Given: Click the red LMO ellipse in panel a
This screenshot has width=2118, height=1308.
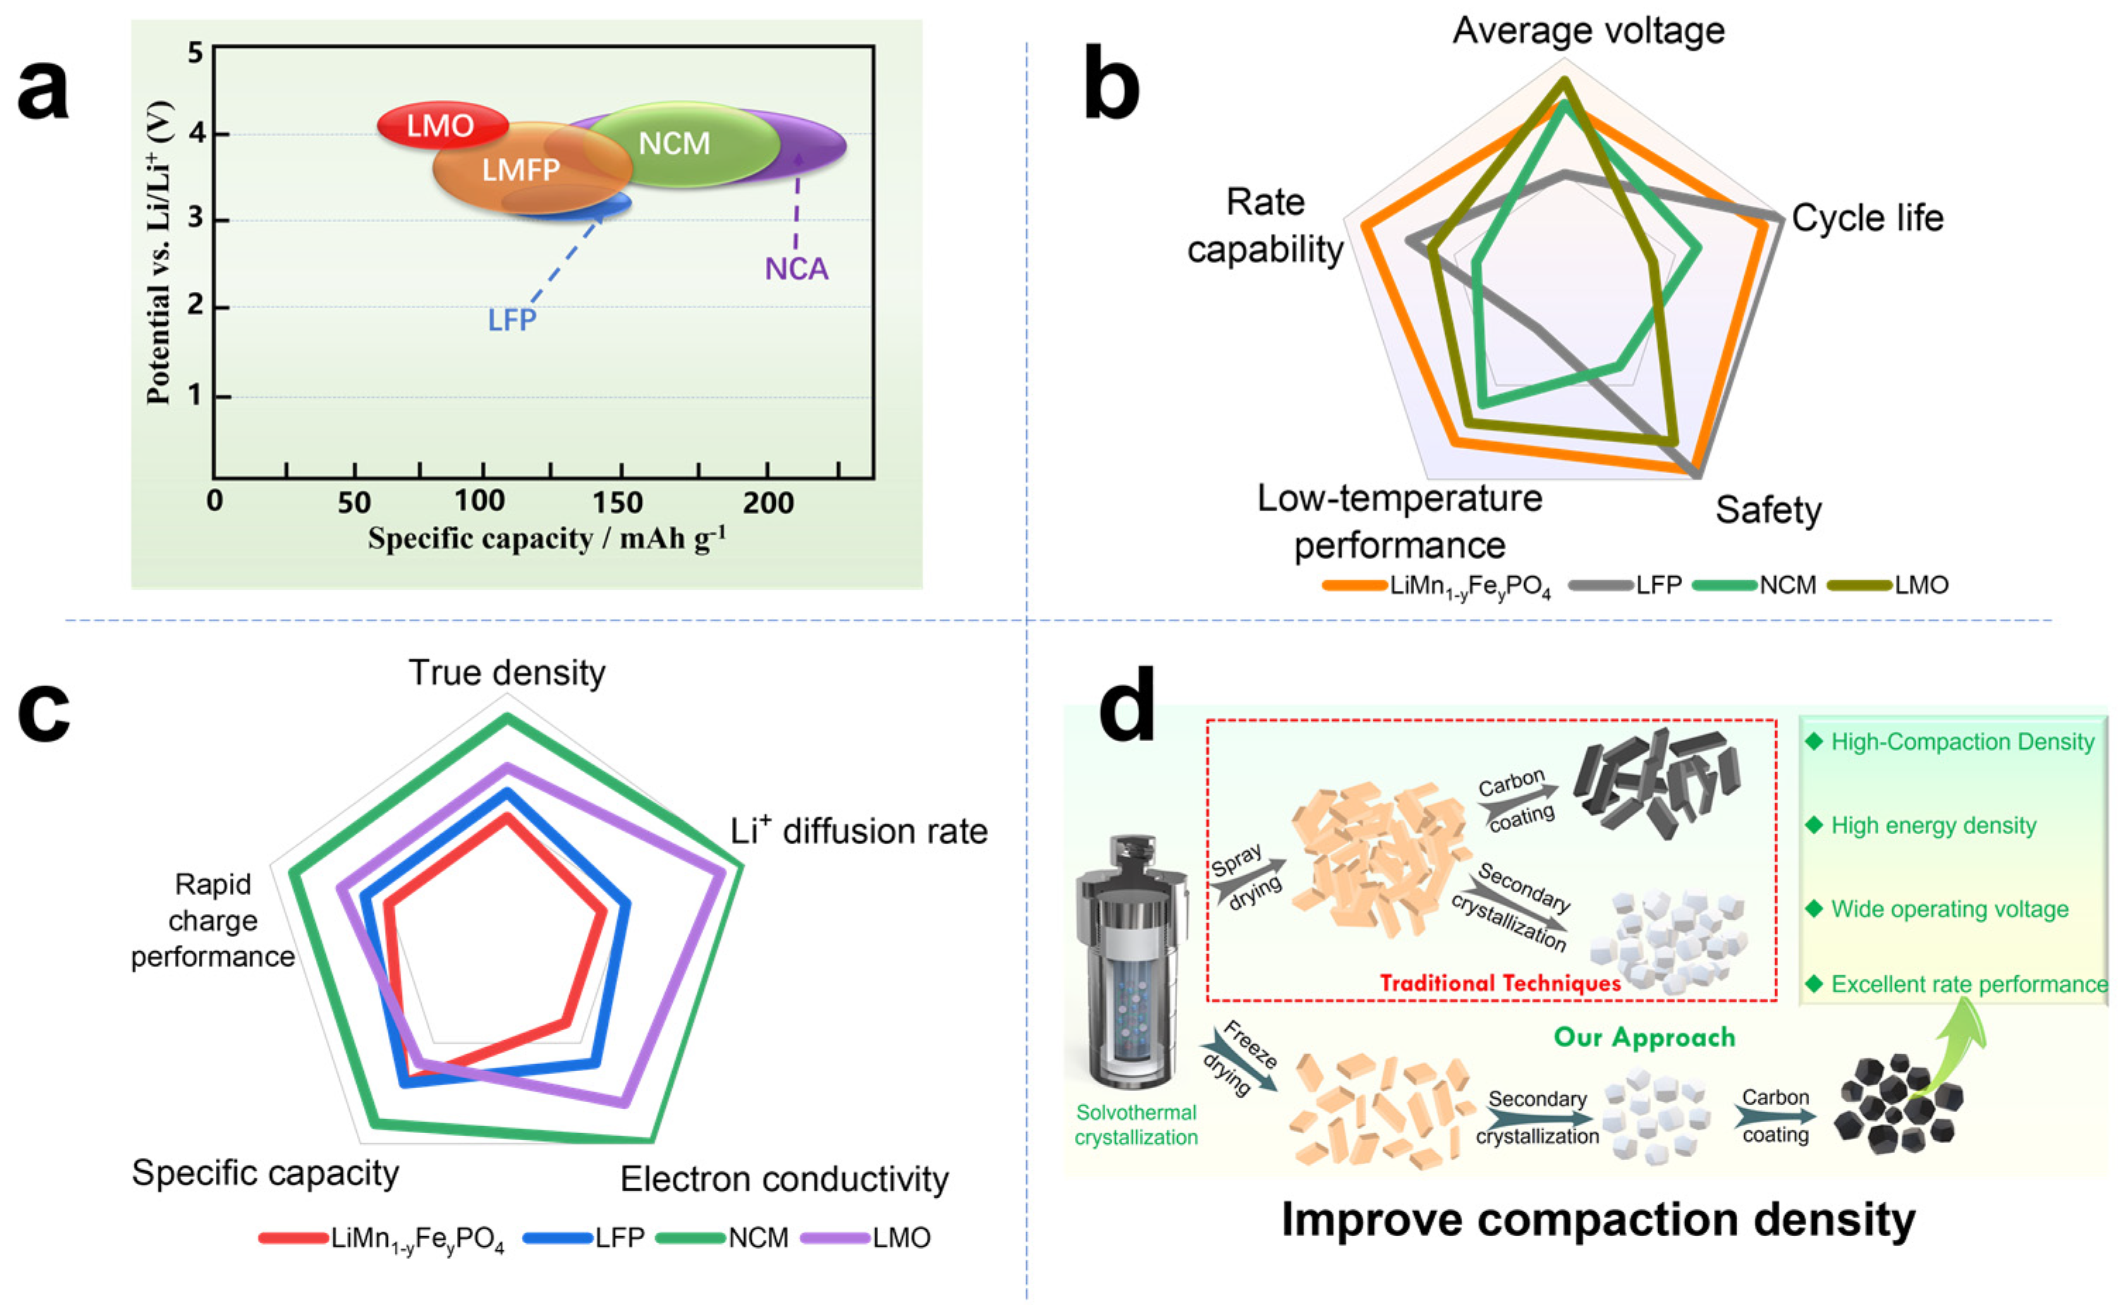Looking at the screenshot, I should coord(439,126).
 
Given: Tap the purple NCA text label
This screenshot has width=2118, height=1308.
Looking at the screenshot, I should coord(796,269).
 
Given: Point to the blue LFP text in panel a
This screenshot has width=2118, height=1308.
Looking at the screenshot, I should coord(511,321).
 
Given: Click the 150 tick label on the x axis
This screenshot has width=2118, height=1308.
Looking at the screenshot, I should coord(617,503).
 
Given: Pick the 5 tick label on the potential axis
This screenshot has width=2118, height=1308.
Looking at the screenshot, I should coord(195,54).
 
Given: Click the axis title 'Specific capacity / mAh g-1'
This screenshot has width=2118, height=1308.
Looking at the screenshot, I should coord(547,538).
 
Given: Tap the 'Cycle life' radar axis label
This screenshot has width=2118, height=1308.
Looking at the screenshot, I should coord(1867,218).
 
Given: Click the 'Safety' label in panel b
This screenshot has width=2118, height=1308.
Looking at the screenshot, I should coord(1767,511).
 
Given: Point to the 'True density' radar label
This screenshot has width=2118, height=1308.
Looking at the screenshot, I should coord(507,673).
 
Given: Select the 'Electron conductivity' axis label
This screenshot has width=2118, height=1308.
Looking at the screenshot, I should coord(784,1179).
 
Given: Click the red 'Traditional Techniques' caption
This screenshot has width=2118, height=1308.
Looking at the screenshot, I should coord(1500,984).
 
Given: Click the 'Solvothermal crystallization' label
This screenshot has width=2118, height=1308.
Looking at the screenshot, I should coord(1136,1125).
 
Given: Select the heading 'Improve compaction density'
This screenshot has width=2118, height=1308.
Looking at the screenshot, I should coord(1598,1220).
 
